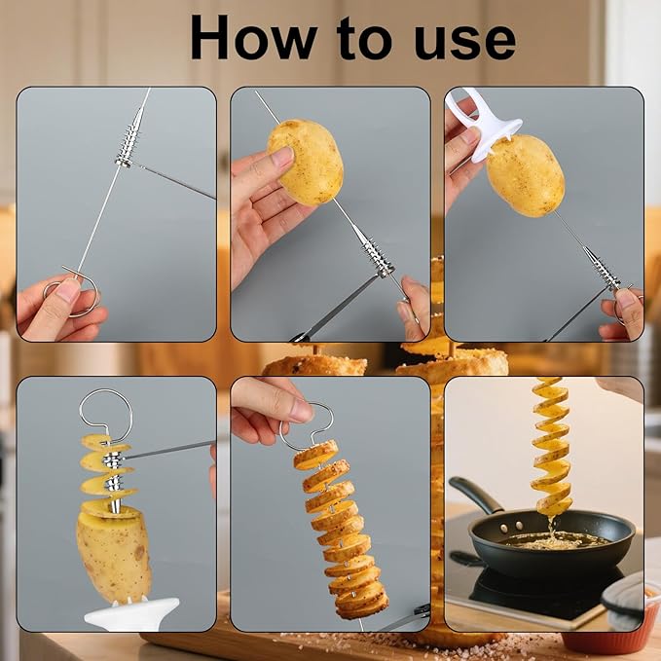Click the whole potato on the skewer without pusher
306,162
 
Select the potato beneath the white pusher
525,175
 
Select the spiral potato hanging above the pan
552,443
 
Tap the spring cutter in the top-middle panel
375,255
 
